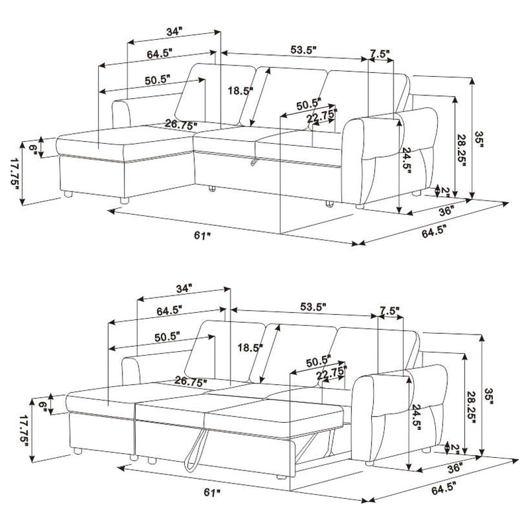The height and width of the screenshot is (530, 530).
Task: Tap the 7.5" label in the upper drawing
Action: click(380, 54)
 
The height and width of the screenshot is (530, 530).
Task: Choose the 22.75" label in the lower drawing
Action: click(332, 376)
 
